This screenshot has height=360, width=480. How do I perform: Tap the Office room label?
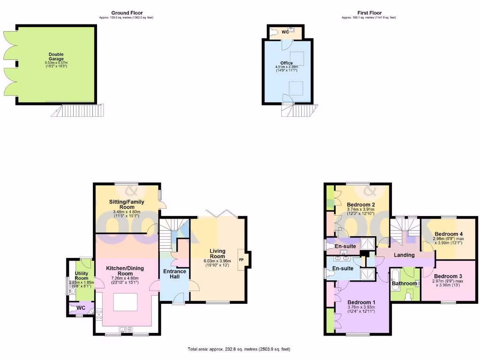click(286, 63)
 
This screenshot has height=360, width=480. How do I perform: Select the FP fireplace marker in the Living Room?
click(242, 260)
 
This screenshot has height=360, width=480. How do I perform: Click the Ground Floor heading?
click(127, 13)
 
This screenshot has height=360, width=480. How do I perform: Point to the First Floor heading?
click(368, 13)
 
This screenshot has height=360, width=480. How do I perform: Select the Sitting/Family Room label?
click(127, 204)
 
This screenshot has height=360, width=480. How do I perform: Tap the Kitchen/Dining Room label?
click(125, 271)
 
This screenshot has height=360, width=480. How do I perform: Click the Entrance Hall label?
click(174, 275)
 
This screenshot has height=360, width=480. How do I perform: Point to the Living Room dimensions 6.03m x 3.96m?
click(217, 261)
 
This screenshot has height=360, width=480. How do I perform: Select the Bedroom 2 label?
click(360, 205)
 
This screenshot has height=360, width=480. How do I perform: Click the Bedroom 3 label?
click(448, 277)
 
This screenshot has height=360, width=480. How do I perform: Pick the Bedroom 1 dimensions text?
click(360, 309)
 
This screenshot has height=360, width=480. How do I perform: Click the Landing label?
click(404, 255)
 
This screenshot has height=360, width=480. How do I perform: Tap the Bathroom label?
click(404, 284)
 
